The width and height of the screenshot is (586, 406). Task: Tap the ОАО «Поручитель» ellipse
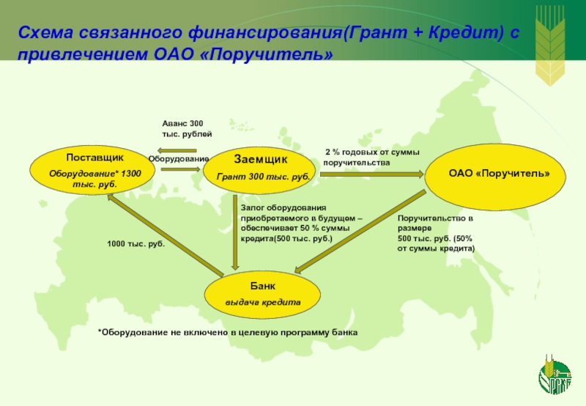(498, 174)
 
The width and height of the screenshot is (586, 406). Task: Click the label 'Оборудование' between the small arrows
(179, 159)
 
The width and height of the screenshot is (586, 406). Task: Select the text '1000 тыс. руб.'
(136, 243)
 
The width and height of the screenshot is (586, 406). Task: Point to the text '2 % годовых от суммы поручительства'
(371, 157)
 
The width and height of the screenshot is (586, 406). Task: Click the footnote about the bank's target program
(227, 333)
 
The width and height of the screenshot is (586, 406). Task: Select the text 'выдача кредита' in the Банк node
(263, 302)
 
